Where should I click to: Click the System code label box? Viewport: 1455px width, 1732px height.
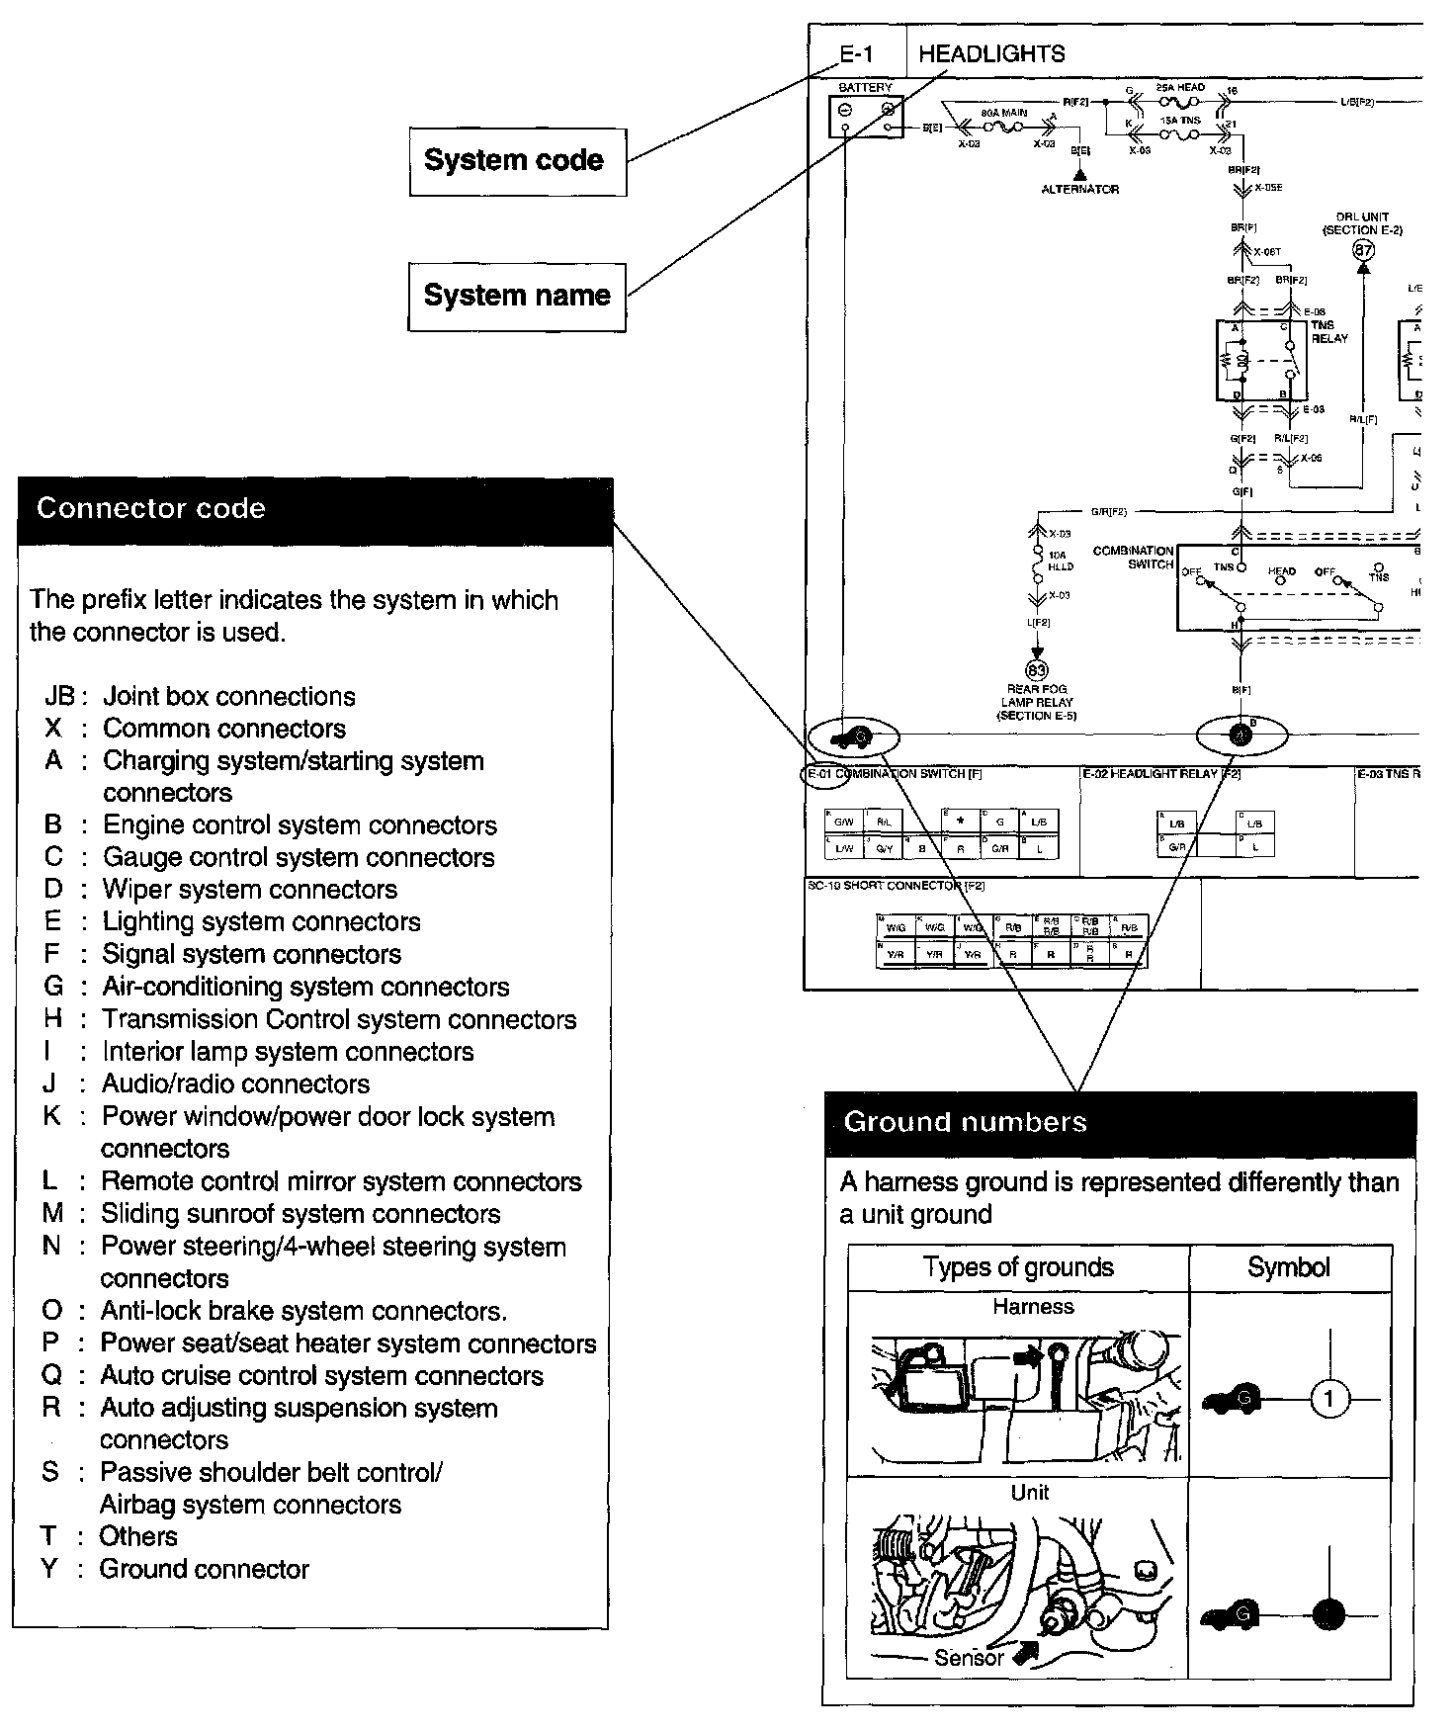517,161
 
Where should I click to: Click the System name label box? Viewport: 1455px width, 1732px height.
517,296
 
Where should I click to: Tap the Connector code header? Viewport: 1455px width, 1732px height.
314,510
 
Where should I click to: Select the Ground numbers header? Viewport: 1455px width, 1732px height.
1119,1123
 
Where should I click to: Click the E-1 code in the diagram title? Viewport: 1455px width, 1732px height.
856,54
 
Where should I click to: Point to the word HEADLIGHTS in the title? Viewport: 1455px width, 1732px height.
991,54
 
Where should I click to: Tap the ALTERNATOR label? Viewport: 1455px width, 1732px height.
1079,189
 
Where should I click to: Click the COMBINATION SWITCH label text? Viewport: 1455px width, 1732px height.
1134,558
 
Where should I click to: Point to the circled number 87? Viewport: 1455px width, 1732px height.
1363,251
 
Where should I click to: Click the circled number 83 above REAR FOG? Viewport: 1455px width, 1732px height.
1037,671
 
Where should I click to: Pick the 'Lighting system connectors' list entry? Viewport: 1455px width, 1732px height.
261,922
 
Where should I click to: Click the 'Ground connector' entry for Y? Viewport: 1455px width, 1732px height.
204,1570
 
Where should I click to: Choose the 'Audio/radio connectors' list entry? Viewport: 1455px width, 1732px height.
235,1084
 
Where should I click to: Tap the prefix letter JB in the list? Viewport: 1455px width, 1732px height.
59,697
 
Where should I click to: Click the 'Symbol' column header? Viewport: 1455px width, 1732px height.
1288,1268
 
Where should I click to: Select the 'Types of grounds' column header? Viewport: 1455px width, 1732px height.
1018,1268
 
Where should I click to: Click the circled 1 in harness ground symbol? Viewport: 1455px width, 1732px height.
1329,1400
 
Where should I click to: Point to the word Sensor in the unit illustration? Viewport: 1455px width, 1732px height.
968,1658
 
